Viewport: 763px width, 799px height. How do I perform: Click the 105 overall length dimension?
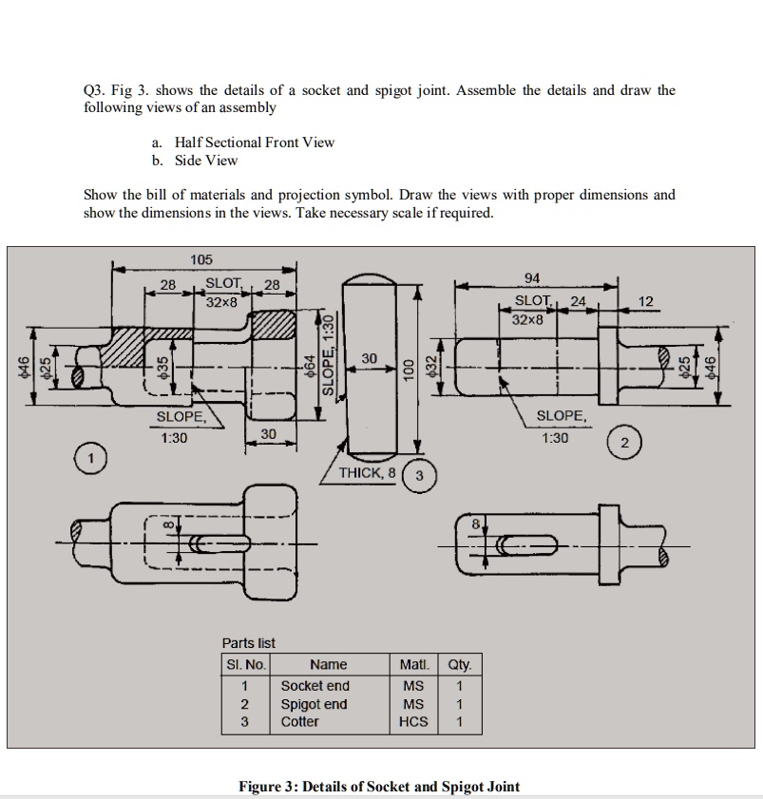pyautogui.click(x=201, y=259)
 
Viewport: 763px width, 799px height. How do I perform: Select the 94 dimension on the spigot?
pyautogui.click(x=533, y=277)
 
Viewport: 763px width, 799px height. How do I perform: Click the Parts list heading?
pyautogui.click(x=248, y=643)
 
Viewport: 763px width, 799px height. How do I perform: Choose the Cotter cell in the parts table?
pyautogui.click(x=300, y=722)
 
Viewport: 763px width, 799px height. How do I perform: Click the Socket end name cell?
pyautogui.click(x=315, y=686)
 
